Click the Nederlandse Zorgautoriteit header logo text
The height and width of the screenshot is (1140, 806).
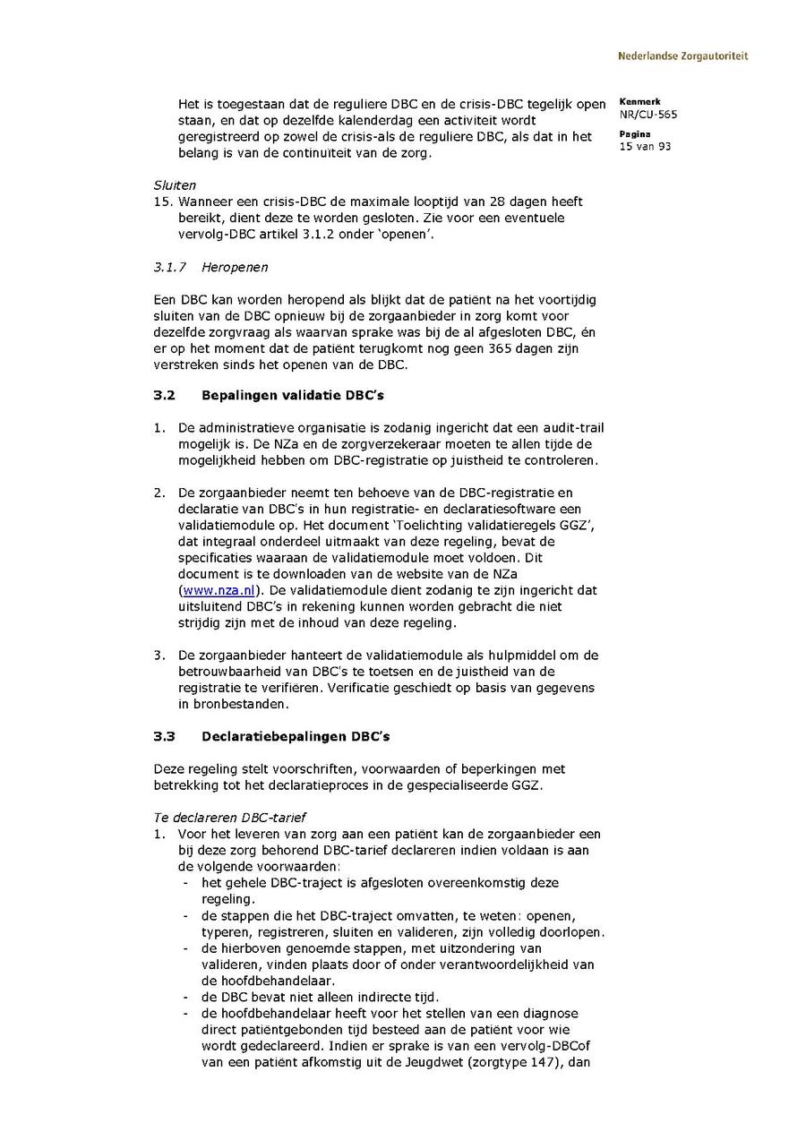coord(682,56)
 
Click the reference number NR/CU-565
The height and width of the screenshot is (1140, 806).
coord(647,115)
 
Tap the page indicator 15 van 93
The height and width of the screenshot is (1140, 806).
coord(645,146)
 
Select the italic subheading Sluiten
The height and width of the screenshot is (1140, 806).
coord(175,185)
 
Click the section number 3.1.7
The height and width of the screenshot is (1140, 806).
coord(169,267)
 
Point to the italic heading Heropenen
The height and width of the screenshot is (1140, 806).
coord(235,267)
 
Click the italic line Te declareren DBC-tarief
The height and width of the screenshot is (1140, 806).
coord(230,818)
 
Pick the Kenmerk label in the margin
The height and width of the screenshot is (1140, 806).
coord(639,102)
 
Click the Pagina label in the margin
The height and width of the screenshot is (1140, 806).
coord(634,134)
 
